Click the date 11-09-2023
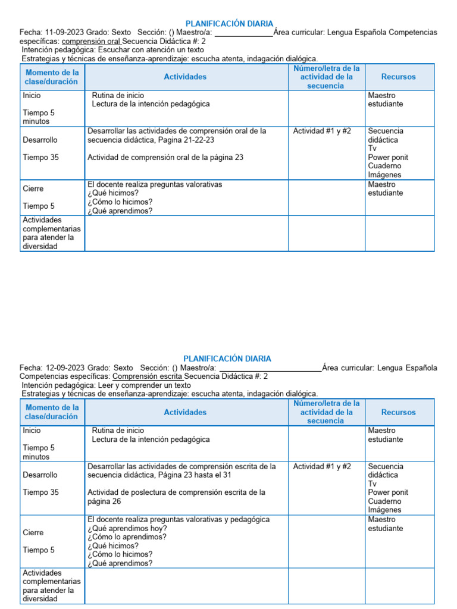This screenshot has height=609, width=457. (x=64, y=32)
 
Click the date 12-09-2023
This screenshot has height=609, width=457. (x=64, y=368)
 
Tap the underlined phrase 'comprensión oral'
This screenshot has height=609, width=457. (x=91, y=42)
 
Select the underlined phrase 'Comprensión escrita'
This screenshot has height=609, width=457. (x=147, y=376)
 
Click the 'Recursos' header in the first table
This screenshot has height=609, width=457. (x=399, y=77)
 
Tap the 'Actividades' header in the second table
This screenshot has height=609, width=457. (x=186, y=412)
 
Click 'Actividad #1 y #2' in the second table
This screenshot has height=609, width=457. (x=322, y=467)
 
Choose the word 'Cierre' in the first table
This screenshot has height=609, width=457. (x=33, y=189)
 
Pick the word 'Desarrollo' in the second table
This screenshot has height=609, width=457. (x=40, y=475)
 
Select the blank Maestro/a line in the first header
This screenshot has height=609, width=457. (x=243, y=33)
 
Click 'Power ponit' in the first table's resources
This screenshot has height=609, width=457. (x=388, y=158)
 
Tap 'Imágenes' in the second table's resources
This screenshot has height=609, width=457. (x=384, y=510)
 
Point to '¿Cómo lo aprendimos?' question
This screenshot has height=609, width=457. (x=128, y=537)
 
